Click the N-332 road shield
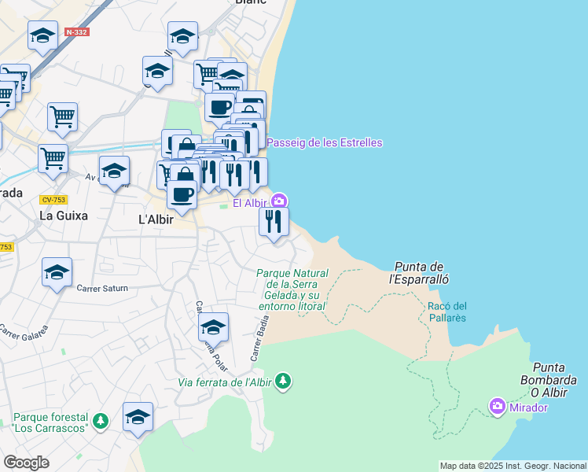point(77,32)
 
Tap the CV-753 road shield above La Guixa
point(52,200)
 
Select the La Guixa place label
point(64,215)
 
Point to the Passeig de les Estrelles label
point(325,142)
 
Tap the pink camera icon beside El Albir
point(279,202)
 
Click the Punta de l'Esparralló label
point(419,272)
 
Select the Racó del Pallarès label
point(447,312)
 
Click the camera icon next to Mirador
point(497,407)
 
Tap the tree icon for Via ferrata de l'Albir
point(283,382)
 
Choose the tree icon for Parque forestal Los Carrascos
point(100,421)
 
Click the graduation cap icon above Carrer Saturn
point(57,272)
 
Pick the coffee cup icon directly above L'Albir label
point(182,194)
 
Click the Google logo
point(27,463)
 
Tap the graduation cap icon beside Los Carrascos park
point(138,416)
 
